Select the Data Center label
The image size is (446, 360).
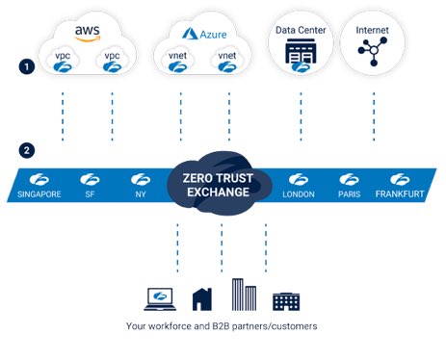coord(301,30)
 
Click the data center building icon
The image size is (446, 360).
coord(301,56)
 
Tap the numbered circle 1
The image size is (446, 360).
coord(28,66)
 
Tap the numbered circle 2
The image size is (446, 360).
coord(28,151)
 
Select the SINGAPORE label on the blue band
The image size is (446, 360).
coord(39,193)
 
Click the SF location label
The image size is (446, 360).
coord(90,193)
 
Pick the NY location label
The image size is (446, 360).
coord(139,193)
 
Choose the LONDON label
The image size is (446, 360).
coord(299,193)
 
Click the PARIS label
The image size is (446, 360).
coord(349,193)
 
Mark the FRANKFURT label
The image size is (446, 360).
coord(400,193)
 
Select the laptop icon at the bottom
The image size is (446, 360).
coord(159,299)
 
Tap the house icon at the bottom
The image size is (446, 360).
coord(202,299)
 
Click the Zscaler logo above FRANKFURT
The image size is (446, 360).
coord(400,179)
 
